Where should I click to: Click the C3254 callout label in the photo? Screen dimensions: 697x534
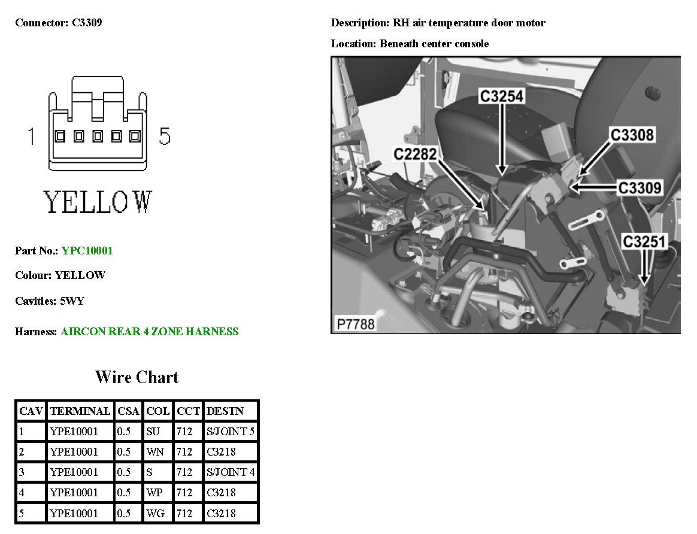[502, 96]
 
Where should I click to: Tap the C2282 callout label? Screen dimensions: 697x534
[415, 154]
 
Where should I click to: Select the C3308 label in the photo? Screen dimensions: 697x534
[632, 135]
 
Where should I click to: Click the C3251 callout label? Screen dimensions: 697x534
[644, 242]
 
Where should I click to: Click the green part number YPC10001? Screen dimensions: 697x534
[87, 251]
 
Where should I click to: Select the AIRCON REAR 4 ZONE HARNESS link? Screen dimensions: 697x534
[150, 332]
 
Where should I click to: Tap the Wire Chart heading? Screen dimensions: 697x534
[137, 377]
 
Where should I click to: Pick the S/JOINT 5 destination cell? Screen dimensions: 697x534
[231, 432]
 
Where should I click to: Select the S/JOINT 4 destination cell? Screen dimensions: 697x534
[231, 472]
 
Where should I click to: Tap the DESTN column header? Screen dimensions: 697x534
[225, 411]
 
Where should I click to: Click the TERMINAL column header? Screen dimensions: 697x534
[80, 411]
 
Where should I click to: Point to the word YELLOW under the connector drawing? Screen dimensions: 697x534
[98, 202]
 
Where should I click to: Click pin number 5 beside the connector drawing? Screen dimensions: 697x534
[165, 136]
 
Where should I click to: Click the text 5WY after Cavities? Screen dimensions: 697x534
[72, 301]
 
